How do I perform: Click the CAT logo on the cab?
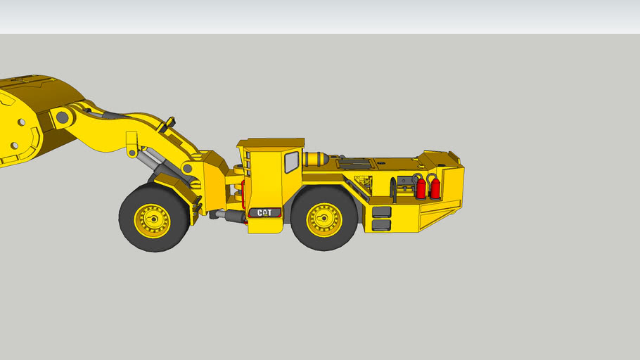point(264,212)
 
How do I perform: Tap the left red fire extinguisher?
point(421,188)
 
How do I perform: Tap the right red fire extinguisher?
point(435,188)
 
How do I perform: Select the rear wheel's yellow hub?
point(324,219)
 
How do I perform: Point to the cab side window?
point(291,162)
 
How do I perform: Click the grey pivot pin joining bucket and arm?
point(62,116)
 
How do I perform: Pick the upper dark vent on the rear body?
point(381,212)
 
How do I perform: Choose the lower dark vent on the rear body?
point(381,225)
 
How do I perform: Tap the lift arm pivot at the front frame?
point(187,168)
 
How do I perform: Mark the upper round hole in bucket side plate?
point(22,122)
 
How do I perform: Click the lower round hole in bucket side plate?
point(13,146)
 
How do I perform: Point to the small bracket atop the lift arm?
point(167,125)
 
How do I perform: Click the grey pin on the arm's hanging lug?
point(132,153)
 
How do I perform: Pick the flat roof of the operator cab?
point(270,143)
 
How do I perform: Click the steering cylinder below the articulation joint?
point(229,215)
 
